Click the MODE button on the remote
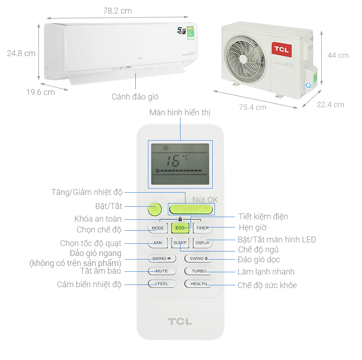(158, 228)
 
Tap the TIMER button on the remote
(202, 228)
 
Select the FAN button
(158, 243)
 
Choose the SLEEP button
(180, 243)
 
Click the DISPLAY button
(202, 243)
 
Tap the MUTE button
(162, 271)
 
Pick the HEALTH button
(198, 284)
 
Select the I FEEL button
(162, 284)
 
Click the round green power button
(155, 209)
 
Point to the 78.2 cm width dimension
(117, 11)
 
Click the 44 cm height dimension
(338, 55)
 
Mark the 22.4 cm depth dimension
(330, 105)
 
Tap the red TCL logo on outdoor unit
(281, 49)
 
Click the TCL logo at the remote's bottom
(180, 322)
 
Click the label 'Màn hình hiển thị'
(180, 113)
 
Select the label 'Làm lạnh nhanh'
(266, 272)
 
